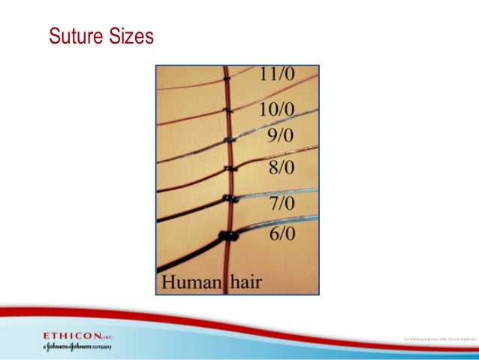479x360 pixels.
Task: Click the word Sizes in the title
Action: pos(131,35)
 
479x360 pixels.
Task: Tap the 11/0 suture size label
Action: pos(277,75)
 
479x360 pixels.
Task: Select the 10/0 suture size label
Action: pos(277,110)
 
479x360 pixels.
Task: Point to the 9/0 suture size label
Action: pos(282,136)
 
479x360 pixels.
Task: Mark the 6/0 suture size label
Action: pos(282,234)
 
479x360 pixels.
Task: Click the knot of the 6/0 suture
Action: pos(227,237)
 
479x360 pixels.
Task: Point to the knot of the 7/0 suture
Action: pos(228,200)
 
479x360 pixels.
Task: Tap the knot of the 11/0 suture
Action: pos(226,77)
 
